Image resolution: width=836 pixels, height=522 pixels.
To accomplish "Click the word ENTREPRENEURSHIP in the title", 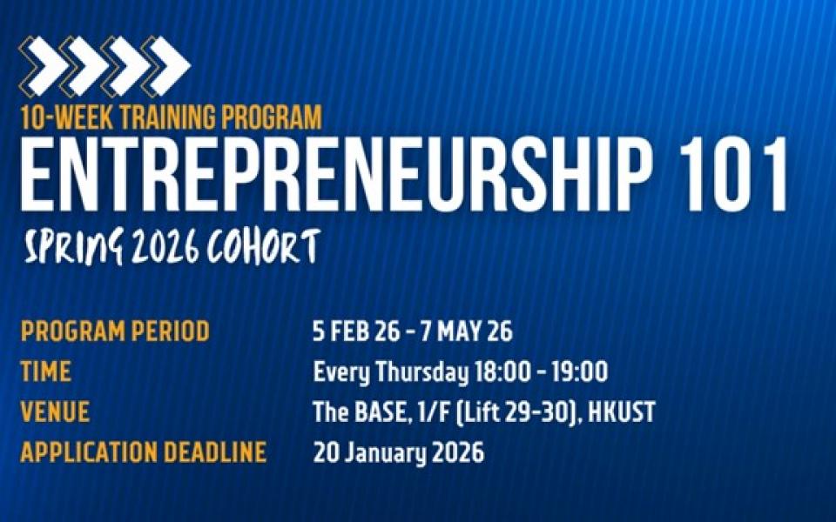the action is [x=337, y=175].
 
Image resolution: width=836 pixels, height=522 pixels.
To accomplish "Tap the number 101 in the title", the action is [x=734, y=175].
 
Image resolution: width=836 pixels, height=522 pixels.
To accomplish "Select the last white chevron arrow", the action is [x=170, y=65].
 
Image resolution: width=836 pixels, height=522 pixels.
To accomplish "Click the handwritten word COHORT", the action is [x=265, y=246].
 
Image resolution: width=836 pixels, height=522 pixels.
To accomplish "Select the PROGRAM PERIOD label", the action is [x=115, y=331].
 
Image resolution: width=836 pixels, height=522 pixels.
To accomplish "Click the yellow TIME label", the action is [x=46, y=371].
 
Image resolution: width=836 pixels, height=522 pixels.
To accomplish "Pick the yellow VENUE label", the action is [x=55, y=412].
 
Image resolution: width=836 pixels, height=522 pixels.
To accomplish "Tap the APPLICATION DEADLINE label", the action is [x=144, y=452].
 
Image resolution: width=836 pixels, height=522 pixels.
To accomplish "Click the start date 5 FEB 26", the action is [x=356, y=331].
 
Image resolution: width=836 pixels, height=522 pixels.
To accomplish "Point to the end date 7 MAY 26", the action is [x=467, y=331].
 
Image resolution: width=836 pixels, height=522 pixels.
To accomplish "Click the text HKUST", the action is [x=622, y=412].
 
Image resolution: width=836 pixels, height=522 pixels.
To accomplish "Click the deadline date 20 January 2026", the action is [x=399, y=453].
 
